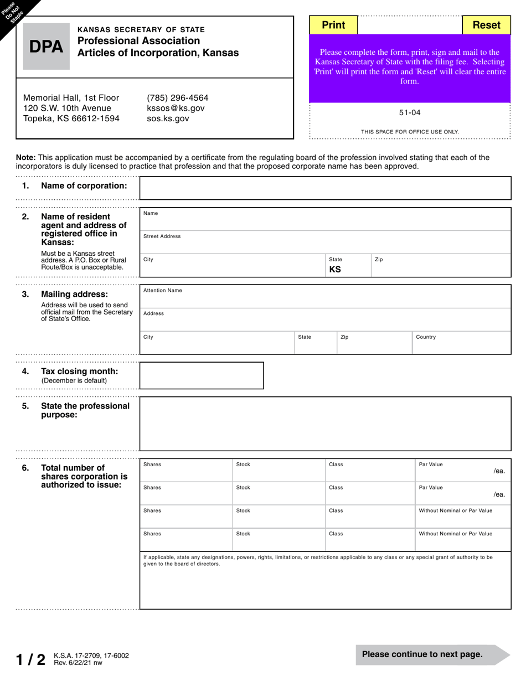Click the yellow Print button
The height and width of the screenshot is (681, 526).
click(333, 25)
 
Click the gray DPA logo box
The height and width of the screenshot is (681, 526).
click(47, 47)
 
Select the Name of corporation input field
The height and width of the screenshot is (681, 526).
click(325, 188)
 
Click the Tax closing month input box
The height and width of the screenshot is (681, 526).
click(202, 375)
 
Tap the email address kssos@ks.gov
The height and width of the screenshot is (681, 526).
click(176, 108)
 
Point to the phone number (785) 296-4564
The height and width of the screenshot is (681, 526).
click(177, 97)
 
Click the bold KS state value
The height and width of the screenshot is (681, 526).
click(335, 270)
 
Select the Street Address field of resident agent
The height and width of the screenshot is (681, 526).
click(325, 242)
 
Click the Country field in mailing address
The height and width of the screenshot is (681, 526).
click(461, 343)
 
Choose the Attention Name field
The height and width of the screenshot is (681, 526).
click(325, 296)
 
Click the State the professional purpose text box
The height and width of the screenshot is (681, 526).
click(325, 424)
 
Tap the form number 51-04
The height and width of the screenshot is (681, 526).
click(410, 112)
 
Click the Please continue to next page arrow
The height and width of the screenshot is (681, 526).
click(432, 654)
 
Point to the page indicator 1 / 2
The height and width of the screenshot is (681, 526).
click(30, 659)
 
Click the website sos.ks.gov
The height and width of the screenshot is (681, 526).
click(168, 118)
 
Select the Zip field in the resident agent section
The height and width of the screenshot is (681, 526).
click(440, 265)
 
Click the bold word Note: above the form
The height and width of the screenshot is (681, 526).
click(26, 157)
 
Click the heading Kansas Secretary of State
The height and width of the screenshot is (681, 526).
click(141, 29)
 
